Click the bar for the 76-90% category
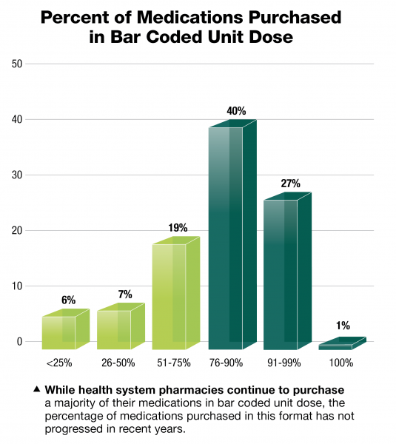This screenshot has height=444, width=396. pos(229,237)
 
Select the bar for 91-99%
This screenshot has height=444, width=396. pos(285,274)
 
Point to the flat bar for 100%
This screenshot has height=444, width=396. pos(340,345)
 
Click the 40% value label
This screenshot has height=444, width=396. pos(236,111)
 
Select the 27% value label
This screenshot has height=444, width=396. pos(290,183)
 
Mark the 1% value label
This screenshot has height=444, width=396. pos(343,325)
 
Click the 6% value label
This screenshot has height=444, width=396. pos(69,300)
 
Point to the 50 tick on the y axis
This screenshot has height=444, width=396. pos(19,64)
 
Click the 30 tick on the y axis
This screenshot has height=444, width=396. pos(19,175)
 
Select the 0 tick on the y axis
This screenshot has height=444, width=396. pos(21,341)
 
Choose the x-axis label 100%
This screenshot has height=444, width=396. pos(341,363)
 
